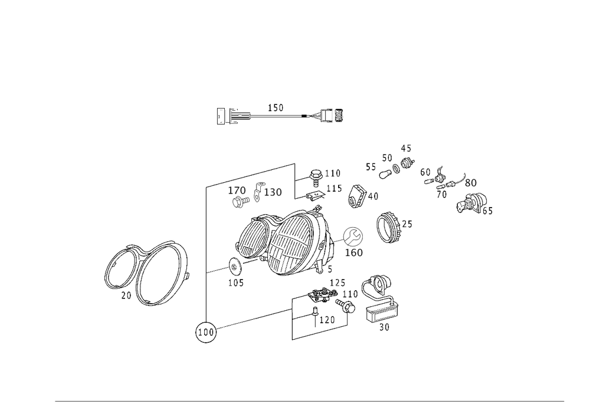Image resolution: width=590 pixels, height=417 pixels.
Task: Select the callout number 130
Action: (274, 192)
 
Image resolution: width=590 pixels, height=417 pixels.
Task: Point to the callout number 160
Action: (353, 252)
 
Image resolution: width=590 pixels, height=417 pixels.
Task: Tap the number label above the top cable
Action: (276, 107)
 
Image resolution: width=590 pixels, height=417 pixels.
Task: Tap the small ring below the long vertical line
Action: (205, 333)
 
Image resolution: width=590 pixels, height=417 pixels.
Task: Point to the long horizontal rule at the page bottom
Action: (310, 403)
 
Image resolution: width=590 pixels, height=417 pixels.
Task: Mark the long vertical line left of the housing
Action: (205, 254)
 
